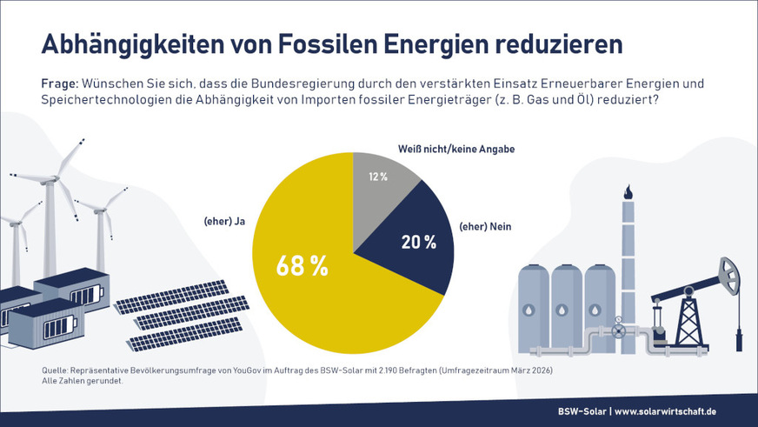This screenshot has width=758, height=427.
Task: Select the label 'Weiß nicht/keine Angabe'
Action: pyautogui.click(x=456, y=150)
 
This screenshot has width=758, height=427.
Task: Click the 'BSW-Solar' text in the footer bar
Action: pyautogui.click(x=582, y=410)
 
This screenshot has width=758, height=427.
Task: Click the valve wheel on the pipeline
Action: pyautogui.click(x=618, y=331)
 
